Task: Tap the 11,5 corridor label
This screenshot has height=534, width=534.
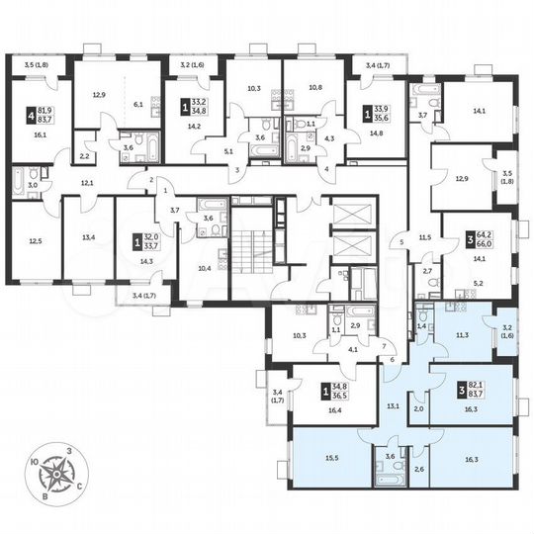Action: coord(427,238)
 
